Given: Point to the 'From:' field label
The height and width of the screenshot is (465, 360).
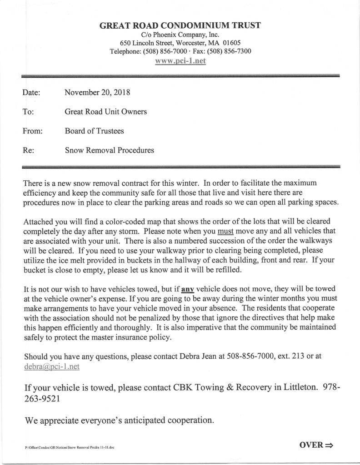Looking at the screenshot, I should pyautogui.click(x=32, y=131).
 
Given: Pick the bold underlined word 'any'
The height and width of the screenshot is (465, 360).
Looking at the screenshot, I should pyautogui.click(x=188, y=289).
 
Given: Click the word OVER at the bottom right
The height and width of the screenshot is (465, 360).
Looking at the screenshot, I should pyautogui.click(x=311, y=445).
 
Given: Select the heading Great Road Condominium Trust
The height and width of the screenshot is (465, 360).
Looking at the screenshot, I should pyautogui.click(x=180, y=25).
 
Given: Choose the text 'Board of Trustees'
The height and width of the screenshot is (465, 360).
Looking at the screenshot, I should pyautogui.click(x=94, y=131).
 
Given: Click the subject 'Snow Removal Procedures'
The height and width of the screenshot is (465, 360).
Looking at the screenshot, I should pyautogui.click(x=109, y=150).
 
